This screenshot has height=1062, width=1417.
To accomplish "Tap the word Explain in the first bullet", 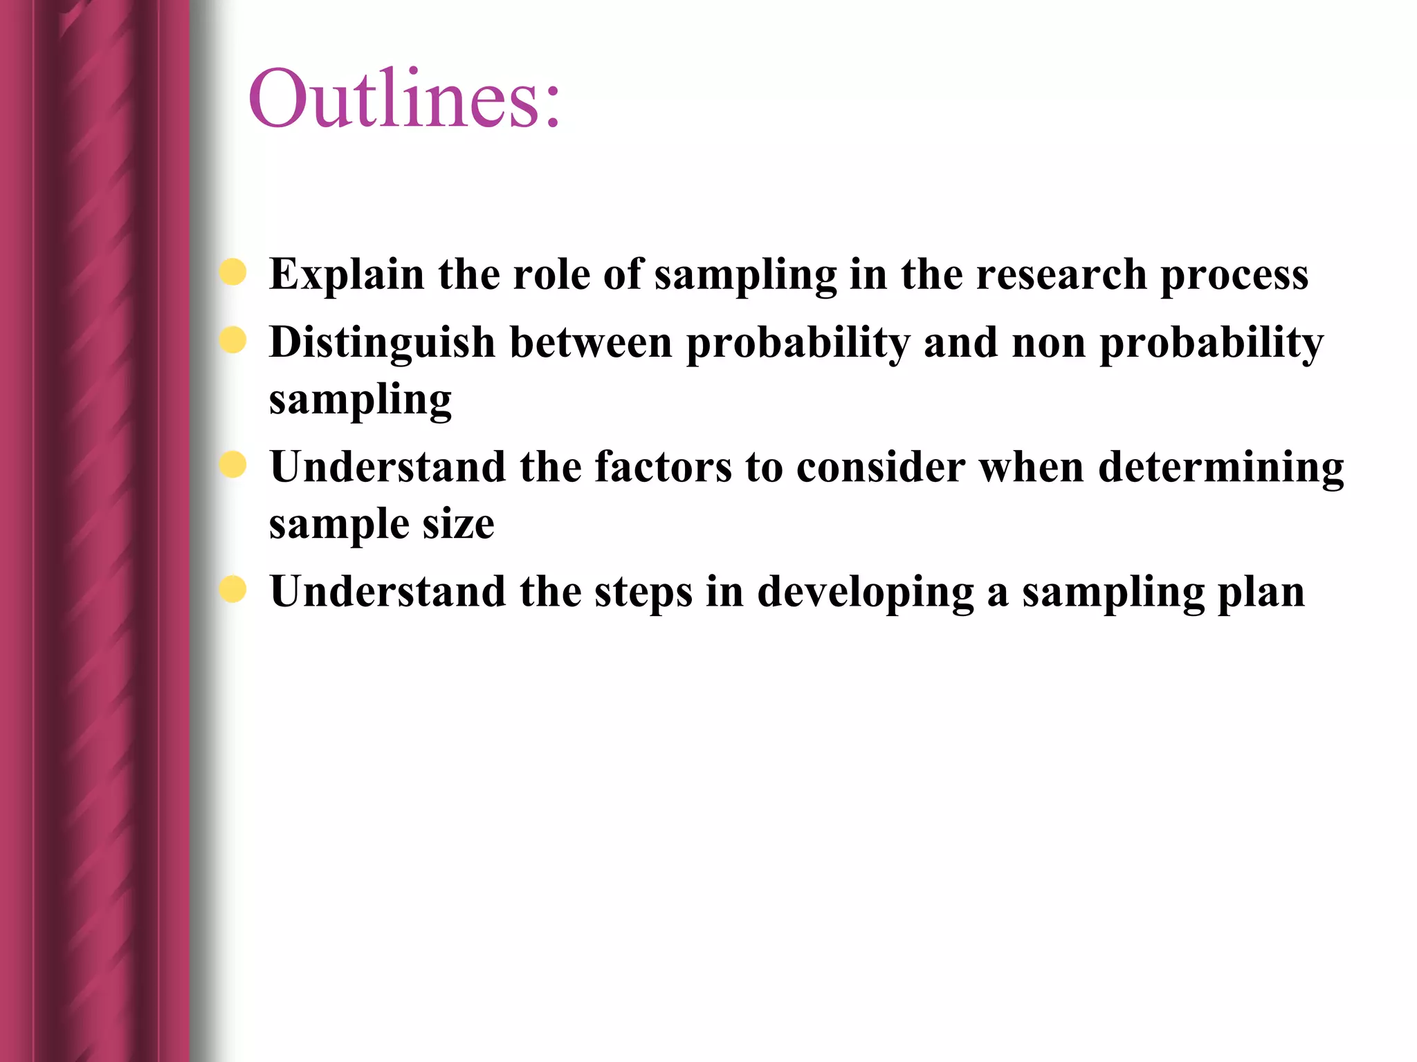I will pyautogui.click(x=347, y=274).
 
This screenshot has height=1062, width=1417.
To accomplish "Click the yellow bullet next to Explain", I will pyautogui.click(x=233, y=272).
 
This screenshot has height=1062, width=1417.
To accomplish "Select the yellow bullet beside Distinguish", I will pyautogui.click(x=233, y=340).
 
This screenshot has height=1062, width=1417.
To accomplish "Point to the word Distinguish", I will pyautogui.click(x=383, y=343).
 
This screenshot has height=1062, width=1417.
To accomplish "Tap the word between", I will pyautogui.click(x=591, y=343).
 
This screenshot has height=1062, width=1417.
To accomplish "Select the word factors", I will pyautogui.click(x=663, y=467).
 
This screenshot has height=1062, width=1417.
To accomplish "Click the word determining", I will pyautogui.click(x=1221, y=468).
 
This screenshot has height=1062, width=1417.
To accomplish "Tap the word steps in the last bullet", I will pyautogui.click(x=643, y=593).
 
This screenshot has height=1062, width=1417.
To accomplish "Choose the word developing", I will pyautogui.click(x=865, y=593).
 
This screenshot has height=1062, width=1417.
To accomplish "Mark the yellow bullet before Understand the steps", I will pyautogui.click(x=233, y=590).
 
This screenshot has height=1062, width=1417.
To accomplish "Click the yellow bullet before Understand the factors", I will pyautogui.click(x=233, y=465).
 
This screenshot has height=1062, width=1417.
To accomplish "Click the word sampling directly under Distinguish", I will pyautogui.click(x=360, y=400).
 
